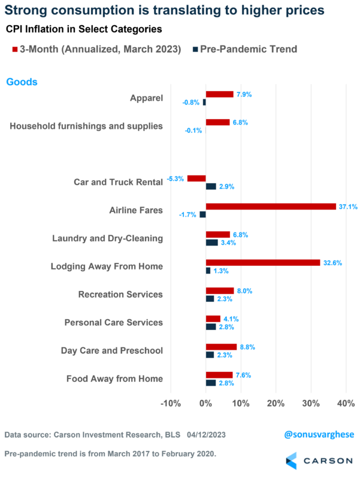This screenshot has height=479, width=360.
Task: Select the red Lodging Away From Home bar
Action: click(x=262, y=262)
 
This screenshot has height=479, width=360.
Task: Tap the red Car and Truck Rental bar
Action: click(x=196, y=178)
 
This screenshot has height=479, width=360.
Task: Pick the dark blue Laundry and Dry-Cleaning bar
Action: click(x=211, y=242)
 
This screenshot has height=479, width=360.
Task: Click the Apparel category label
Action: click(x=146, y=98)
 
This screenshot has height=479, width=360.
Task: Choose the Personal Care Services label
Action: click(x=114, y=322)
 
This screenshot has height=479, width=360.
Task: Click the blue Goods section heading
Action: click(x=22, y=82)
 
